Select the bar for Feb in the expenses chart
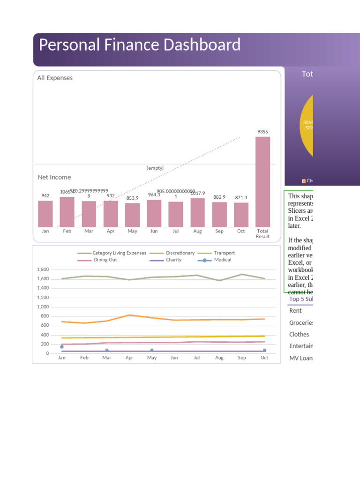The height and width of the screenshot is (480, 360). pyautogui.click(x=67, y=212)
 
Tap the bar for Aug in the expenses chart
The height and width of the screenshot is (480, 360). pyautogui.click(x=197, y=213)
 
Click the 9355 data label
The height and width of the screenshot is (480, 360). pyautogui.click(x=262, y=132)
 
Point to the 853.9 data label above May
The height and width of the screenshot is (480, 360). pyautogui.click(x=132, y=198)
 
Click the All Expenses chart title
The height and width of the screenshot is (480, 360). pyautogui.click(x=55, y=78)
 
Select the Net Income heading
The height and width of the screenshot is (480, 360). pyautogui.click(x=54, y=177)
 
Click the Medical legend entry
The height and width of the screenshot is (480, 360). pyautogui.click(x=222, y=260)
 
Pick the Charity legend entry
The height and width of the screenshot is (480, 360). pyautogui.click(x=173, y=260)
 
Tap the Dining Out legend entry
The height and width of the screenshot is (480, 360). pyautogui.click(x=105, y=260)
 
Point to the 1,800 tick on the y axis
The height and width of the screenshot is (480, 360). pyautogui.click(x=43, y=270)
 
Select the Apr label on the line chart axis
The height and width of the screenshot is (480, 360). pyautogui.click(x=129, y=358)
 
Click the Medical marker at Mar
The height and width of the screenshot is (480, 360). pyautogui.click(x=107, y=350)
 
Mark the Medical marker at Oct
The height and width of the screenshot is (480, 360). pyautogui.click(x=264, y=350)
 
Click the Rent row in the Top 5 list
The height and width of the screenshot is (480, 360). pyautogui.click(x=295, y=310)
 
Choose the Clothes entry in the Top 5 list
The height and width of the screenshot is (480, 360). pyautogui.click(x=299, y=334)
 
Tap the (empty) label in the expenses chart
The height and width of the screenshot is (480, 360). pyautogui.click(x=155, y=168)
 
